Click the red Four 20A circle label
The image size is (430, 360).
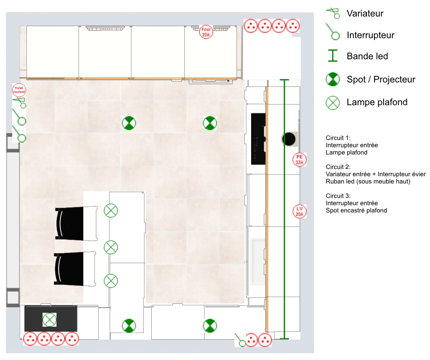[x=206, y=32]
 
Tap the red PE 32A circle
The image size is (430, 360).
[x=300, y=159]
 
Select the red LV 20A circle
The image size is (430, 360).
[x=300, y=211]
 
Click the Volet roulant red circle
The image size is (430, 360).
[x=19, y=90]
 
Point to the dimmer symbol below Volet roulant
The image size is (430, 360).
[x=20, y=103]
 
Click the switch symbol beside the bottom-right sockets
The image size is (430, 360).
[x=240, y=340]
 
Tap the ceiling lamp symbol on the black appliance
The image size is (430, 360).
[x=49, y=320]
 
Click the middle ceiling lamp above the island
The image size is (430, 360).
[x=111, y=247]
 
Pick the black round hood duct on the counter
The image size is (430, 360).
[x=289, y=139]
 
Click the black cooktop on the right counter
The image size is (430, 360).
[x=258, y=139]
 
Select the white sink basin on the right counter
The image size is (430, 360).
[x=258, y=262]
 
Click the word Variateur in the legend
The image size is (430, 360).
[x=365, y=14]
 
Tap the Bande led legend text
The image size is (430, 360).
[x=367, y=56]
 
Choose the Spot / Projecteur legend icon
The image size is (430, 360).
[x=333, y=80]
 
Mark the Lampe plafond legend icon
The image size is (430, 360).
[x=333, y=103]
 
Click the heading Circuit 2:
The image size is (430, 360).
[x=338, y=167]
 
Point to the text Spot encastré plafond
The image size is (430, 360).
[x=356, y=211]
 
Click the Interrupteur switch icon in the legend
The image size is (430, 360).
[x=333, y=32]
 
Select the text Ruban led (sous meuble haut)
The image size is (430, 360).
[x=368, y=181]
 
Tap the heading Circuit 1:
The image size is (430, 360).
[x=338, y=138]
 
